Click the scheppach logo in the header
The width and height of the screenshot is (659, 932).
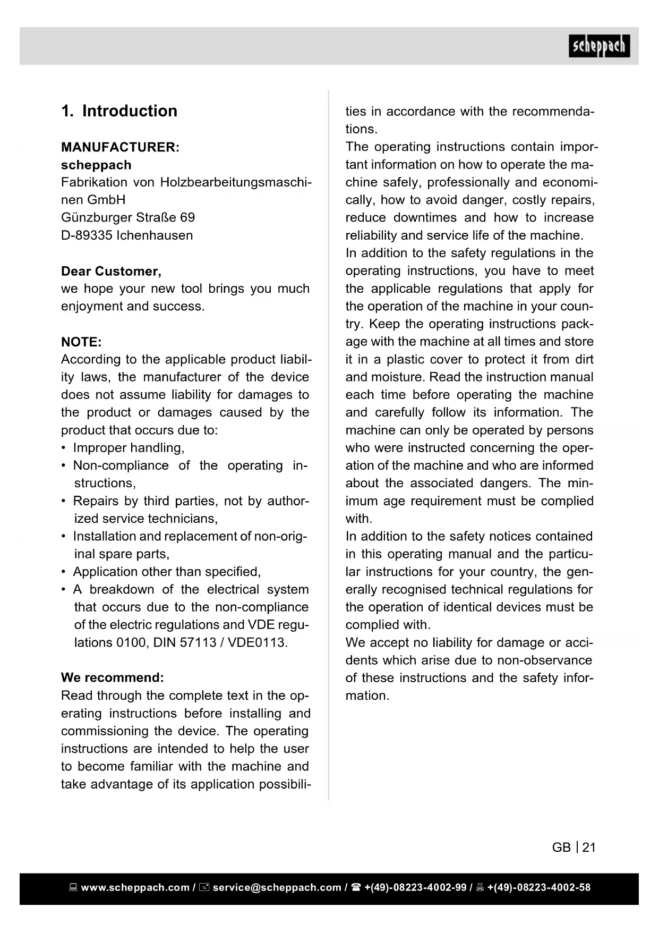(599, 46)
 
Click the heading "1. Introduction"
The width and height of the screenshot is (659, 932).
(119, 111)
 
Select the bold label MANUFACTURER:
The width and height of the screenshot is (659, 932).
(120, 147)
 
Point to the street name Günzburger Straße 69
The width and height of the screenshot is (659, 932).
(128, 218)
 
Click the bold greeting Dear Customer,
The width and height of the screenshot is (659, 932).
(111, 272)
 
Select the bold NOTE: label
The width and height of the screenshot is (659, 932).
(81, 342)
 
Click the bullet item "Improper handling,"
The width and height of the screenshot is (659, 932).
(129, 448)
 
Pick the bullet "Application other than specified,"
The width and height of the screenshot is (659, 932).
(167, 572)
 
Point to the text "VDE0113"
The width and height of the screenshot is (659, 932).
(258, 642)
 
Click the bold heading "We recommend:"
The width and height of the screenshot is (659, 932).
(113, 678)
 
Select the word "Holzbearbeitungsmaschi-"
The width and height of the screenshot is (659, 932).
(236, 182)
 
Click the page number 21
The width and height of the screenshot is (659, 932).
(589, 848)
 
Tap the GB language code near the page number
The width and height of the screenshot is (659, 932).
(561, 848)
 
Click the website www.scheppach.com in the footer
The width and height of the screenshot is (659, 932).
(135, 887)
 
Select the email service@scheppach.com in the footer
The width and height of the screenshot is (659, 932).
(277, 887)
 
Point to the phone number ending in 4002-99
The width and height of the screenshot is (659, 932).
(415, 887)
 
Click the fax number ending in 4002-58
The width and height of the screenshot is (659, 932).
(538, 887)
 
